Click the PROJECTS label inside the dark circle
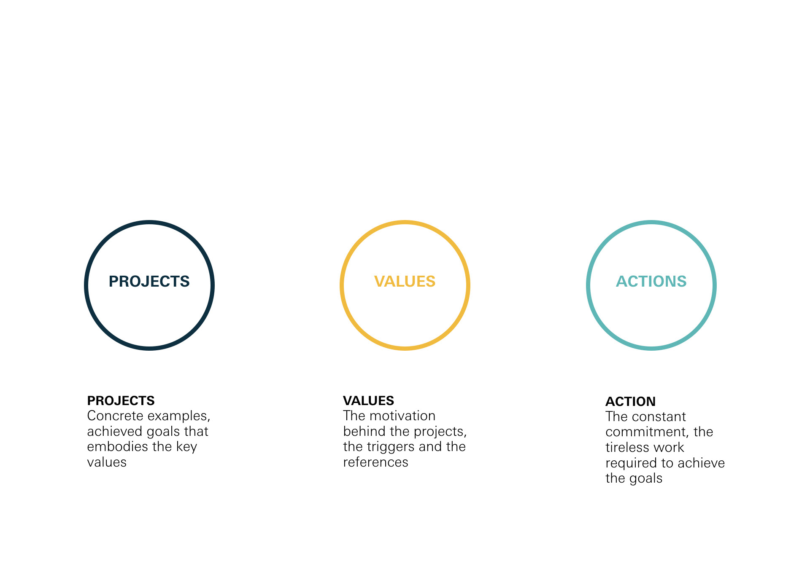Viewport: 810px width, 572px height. (x=149, y=281)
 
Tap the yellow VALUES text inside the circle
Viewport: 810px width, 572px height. (x=405, y=281)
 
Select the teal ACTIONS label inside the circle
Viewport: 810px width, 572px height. (x=651, y=281)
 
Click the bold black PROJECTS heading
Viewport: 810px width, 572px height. (x=121, y=400)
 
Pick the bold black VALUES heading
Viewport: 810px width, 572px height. (x=368, y=400)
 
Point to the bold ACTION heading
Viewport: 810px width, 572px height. (x=630, y=401)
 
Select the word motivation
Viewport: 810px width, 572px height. (x=402, y=416)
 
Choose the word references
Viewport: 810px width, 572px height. (x=375, y=462)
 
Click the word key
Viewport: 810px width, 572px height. (x=187, y=447)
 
